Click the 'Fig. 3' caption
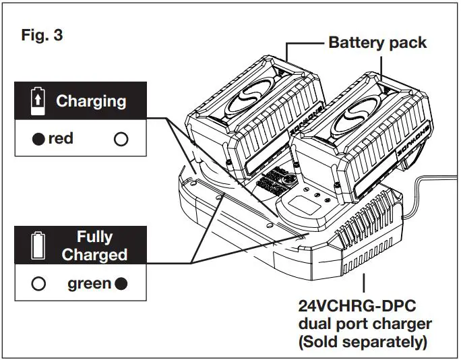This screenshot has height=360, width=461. click(42, 35)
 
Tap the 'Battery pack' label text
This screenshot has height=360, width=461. click(377, 42)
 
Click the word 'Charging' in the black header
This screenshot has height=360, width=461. click(90, 101)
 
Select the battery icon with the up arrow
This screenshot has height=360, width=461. click(38, 102)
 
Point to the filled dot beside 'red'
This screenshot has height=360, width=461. click(39, 140)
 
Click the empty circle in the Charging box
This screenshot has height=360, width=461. click(121, 140)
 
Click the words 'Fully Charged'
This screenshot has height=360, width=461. click(94, 246)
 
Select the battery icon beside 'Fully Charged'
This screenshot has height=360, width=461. click(38, 246)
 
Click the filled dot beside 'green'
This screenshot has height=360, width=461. click(121, 284)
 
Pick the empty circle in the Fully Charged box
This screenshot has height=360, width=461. click(38, 284)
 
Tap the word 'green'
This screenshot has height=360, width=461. click(89, 284)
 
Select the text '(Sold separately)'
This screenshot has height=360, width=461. click(363, 342)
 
